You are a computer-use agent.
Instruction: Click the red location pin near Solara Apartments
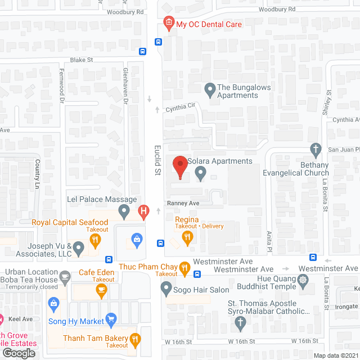click(180, 167)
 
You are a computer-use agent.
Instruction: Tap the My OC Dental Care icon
click(168, 24)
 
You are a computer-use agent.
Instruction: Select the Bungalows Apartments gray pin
click(210, 89)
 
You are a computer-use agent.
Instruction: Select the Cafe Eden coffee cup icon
click(101, 290)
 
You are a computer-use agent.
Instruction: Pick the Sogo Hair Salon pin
click(166, 290)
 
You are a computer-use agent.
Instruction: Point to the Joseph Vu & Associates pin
click(79, 247)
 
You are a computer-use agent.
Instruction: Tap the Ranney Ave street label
click(183, 203)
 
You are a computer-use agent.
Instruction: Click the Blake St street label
click(80, 60)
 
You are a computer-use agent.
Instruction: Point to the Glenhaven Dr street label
click(125, 85)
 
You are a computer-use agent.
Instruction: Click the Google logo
click(18, 353)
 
